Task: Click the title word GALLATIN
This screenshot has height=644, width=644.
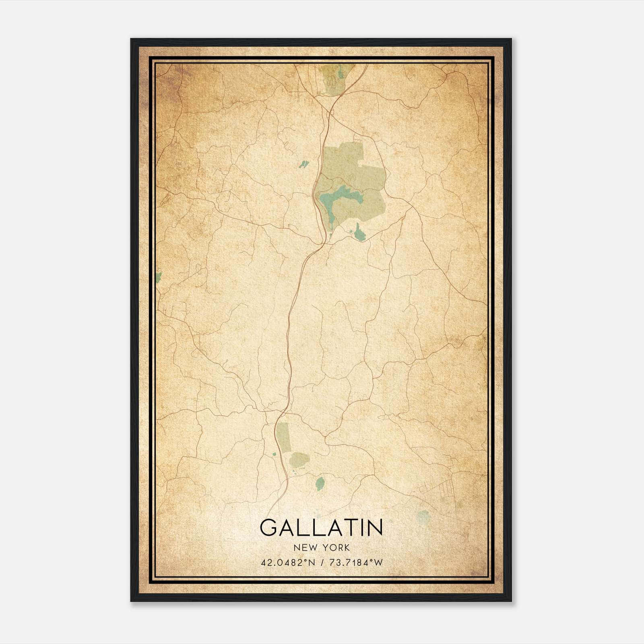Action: tap(321, 528)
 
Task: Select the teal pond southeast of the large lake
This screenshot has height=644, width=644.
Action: tap(359, 234)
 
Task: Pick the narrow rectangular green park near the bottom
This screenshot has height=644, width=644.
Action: tap(283, 437)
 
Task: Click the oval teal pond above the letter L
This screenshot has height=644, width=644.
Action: tap(320, 483)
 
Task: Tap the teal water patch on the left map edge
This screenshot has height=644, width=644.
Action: tap(159, 277)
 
